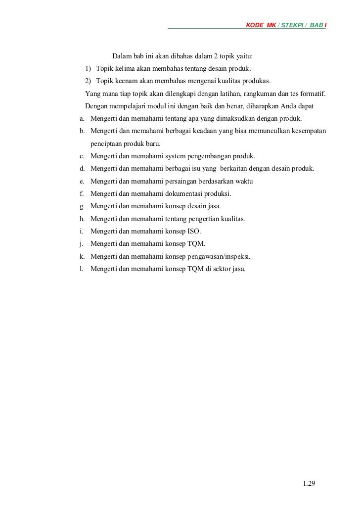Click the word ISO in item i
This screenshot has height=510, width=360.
click(x=193, y=231)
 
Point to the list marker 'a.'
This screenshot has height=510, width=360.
click(x=82, y=119)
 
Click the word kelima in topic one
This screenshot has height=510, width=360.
click(x=125, y=68)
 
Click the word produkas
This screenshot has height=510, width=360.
click(x=255, y=81)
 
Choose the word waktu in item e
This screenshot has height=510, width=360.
click(x=243, y=182)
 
